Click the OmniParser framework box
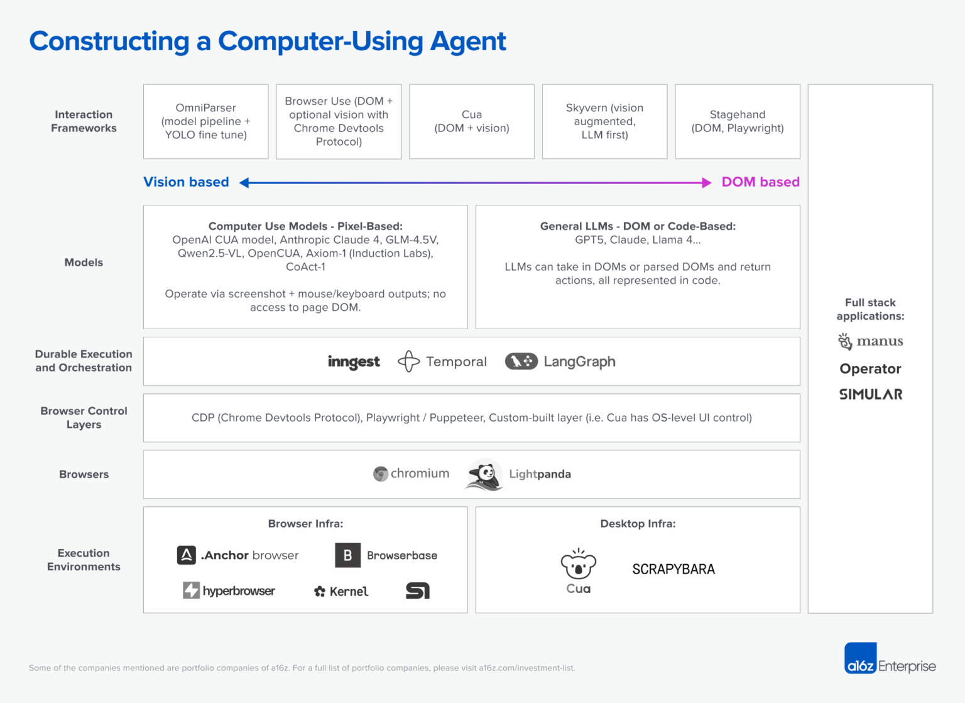[x=205, y=121]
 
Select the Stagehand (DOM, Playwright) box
[x=737, y=121]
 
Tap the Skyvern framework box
[x=604, y=121]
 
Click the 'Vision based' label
[x=186, y=182]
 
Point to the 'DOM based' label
[x=760, y=182]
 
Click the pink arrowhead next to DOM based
[x=706, y=183]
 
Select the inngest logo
[x=354, y=362]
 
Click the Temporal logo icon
[x=408, y=361]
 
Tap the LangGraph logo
[x=560, y=361]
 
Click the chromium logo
[x=412, y=474]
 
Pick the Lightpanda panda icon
[x=484, y=475]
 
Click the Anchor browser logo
[x=238, y=555]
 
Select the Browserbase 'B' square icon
[x=347, y=555]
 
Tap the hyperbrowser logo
[x=229, y=591]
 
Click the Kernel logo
[x=341, y=591]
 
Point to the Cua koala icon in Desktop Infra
[x=578, y=564]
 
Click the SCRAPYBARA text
[x=673, y=569]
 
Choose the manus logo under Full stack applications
[x=870, y=341]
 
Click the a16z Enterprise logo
[x=890, y=658]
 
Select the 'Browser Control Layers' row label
[x=84, y=418]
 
